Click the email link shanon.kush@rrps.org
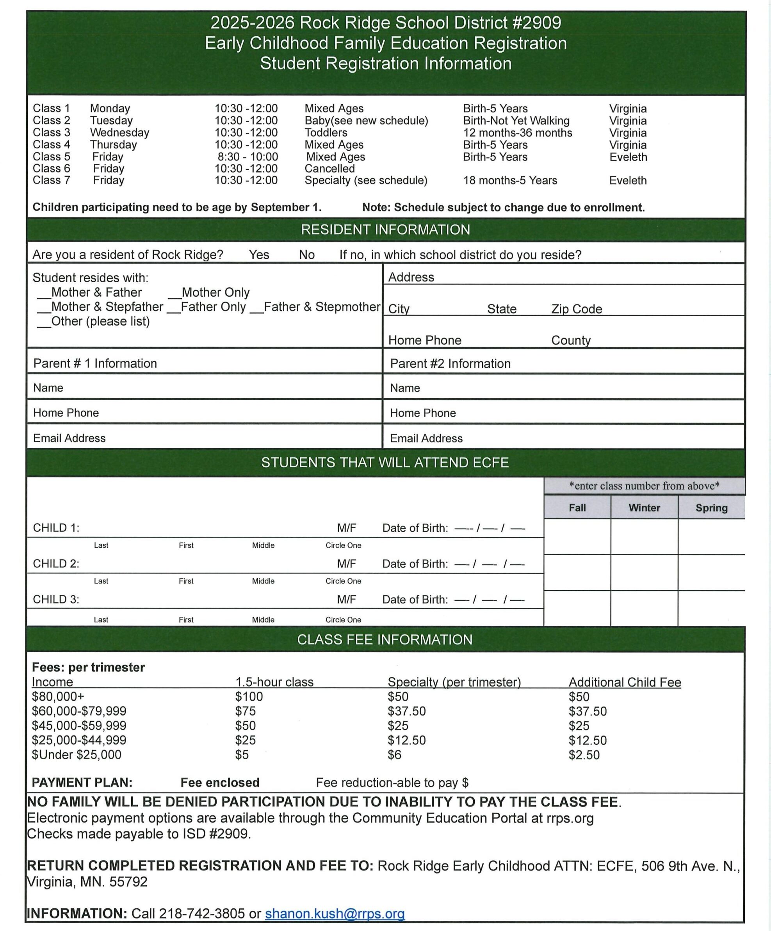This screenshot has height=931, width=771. pyautogui.click(x=335, y=913)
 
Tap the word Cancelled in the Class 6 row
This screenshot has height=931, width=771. pyautogui.click(x=329, y=169)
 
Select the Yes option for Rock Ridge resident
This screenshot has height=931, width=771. pyautogui.click(x=259, y=255)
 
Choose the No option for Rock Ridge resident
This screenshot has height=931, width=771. pyautogui.click(x=306, y=255)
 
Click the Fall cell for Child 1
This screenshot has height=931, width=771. pyautogui.click(x=577, y=536)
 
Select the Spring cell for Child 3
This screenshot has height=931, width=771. pyautogui.click(x=711, y=608)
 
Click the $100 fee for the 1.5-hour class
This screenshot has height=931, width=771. pyautogui.click(x=249, y=696)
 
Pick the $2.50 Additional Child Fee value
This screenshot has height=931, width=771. pyautogui.click(x=584, y=755)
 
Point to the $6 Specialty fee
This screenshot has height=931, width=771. pyautogui.click(x=394, y=755)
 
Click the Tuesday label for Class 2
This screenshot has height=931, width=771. pyautogui.click(x=111, y=121)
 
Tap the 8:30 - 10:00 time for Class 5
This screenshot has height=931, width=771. pyautogui.click(x=248, y=157)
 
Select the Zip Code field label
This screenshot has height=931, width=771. pyautogui.click(x=576, y=309)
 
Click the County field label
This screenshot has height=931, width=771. pyautogui.click(x=571, y=340)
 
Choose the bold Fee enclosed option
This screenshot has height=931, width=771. pyautogui.click(x=220, y=783)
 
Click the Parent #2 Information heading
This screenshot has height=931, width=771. pyautogui.click(x=450, y=363)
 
